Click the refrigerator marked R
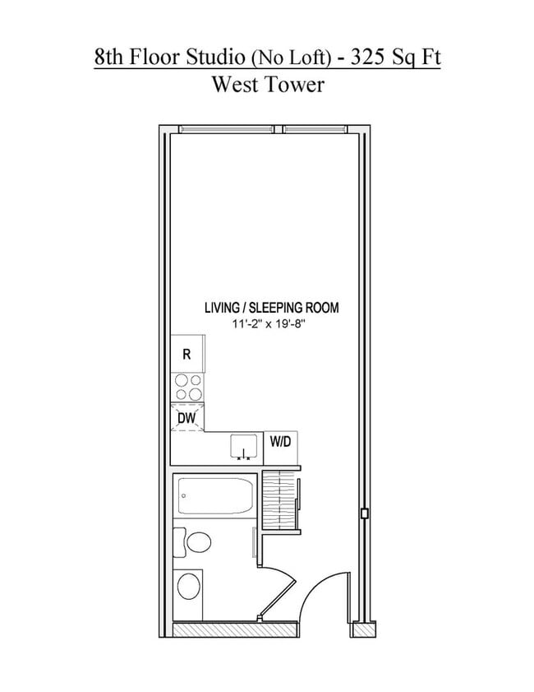point(186,355)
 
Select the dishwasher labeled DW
point(186,418)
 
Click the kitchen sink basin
point(242,447)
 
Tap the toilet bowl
point(196,542)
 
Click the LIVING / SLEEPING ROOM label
point(271,309)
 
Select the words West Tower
point(267,84)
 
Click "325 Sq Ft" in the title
point(395,57)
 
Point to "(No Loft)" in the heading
point(291,58)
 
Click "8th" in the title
point(109,57)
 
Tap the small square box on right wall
point(363,514)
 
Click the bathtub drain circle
point(184,496)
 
